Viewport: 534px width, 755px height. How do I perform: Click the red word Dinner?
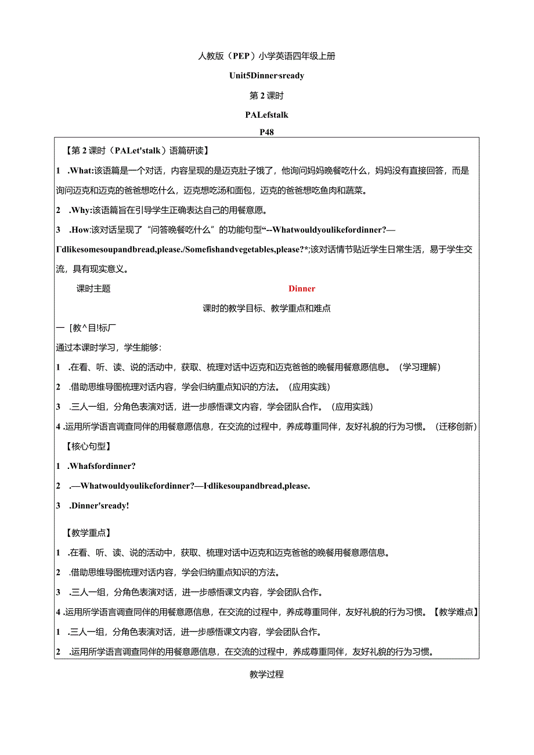pyautogui.click(x=302, y=288)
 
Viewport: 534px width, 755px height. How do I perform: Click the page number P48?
pyautogui.click(x=267, y=132)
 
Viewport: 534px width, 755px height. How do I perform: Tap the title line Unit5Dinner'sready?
pyautogui.click(x=267, y=75)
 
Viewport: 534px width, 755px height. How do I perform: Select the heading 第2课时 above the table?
pyautogui.click(x=266, y=95)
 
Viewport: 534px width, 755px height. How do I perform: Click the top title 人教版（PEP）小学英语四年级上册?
pyautogui.click(x=266, y=56)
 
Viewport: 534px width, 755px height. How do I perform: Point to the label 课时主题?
pyautogui.click(x=93, y=288)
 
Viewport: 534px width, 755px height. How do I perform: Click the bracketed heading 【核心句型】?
pyautogui.click(x=89, y=446)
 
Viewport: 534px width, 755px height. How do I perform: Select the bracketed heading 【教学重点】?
pyautogui.click(x=89, y=532)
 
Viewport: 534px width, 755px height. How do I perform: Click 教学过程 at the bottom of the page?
pyautogui.click(x=266, y=674)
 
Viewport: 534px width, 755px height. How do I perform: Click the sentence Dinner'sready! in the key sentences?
pyautogui.click(x=99, y=505)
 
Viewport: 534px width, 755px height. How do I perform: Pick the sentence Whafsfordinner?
pyautogui.click(x=102, y=465)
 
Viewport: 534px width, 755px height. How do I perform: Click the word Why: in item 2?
pyautogui.click(x=81, y=209)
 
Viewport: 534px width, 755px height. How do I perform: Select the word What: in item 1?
pyautogui.click(x=81, y=171)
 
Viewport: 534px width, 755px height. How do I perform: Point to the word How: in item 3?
pyautogui.click(x=81, y=229)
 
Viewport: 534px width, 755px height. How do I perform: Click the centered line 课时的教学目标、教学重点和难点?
pyautogui.click(x=266, y=308)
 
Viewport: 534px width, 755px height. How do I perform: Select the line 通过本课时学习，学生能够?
pyautogui.click(x=109, y=347)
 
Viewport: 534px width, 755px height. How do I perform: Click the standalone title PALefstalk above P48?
pyautogui.click(x=267, y=115)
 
